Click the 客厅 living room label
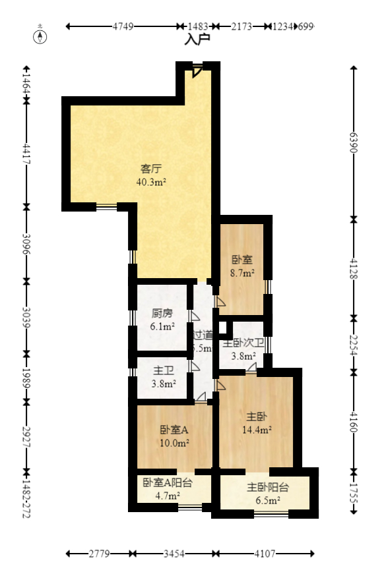pyautogui.click(x=151, y=168)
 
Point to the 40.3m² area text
pyautogui.click(x=151, y=182)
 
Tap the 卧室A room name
pyautogui.click(x=174, y=429)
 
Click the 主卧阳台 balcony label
pyautogui.click(x=268, y=488)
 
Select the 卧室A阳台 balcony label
pyautogui.click(x=168, y=482)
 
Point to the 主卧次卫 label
pyautogui.click(x=243, y=343)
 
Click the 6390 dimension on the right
pyautogui.click(x=354, y=143)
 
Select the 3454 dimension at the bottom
pyautogui.click(x=174, y=554)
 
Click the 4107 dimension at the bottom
pyautogui.click(x=265, y=554)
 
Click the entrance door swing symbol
pyautogui.click(x=197, y=70)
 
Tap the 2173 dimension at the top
pyautogui.click(x=241, y=27)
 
